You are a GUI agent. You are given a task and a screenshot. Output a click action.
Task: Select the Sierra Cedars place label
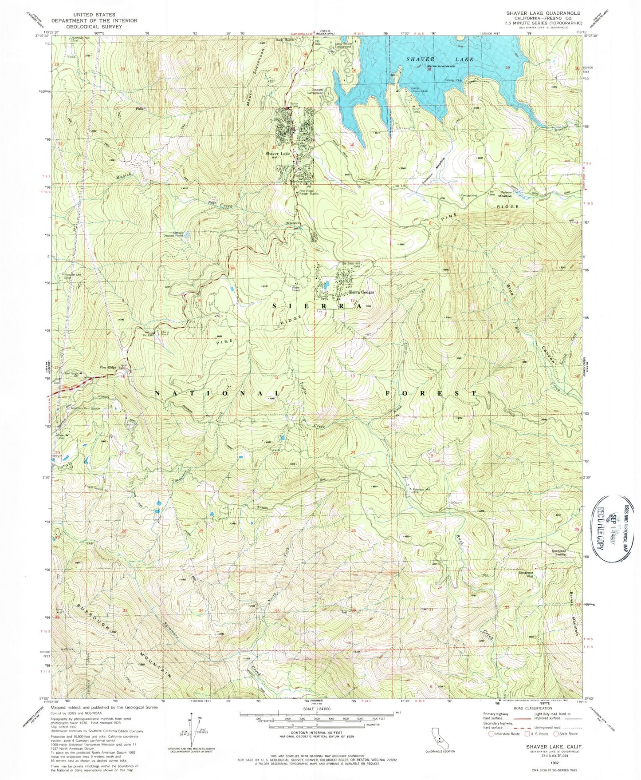[x=361, y=292]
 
